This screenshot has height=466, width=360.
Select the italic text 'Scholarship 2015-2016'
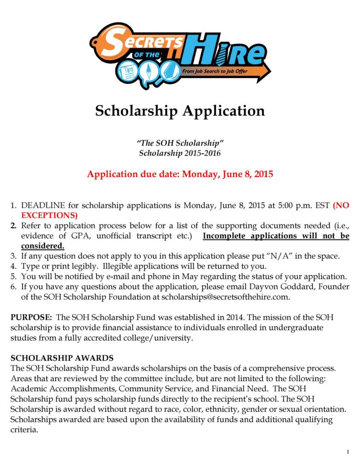(180, 153)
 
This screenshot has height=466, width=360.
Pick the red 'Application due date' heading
(180, 174)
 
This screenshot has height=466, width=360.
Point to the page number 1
(348, 452)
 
